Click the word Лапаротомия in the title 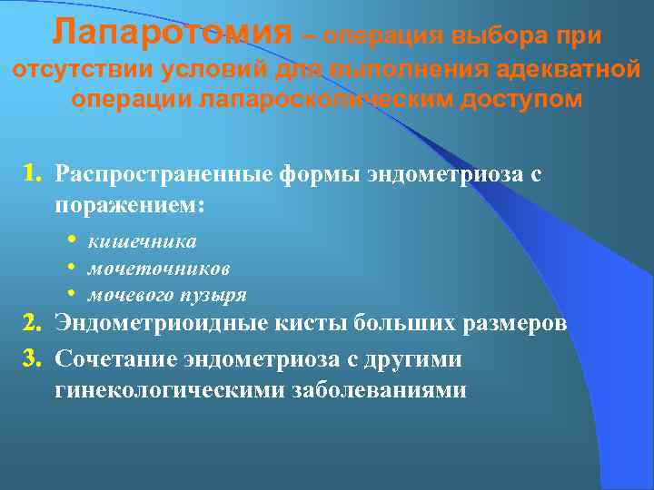[173, 33]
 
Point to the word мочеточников [158, 269]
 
